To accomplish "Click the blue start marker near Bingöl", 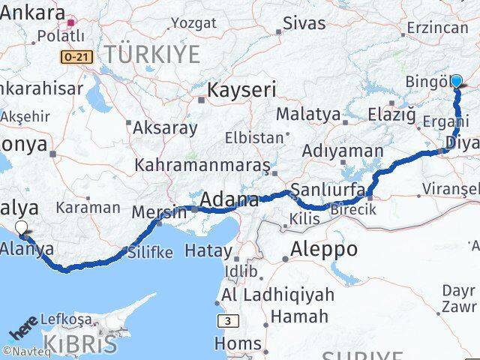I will [x=456, y=81].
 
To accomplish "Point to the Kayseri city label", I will [x=241, y=90].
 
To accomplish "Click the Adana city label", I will [x=230, y=200].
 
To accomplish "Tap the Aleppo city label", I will [x=324, y=249].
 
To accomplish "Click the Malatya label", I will [x=308, y=115].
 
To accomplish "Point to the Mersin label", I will [x=158, y=212].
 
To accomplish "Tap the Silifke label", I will [x=150, y=252].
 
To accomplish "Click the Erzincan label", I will [x=437, y=28].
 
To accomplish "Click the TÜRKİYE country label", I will [x=152, y=54].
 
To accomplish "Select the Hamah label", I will [x=299, y=316].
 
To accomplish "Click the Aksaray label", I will [x=165, y=127].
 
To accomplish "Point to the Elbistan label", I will [x=256, y=138].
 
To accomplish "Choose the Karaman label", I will [x=92, y=207].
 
